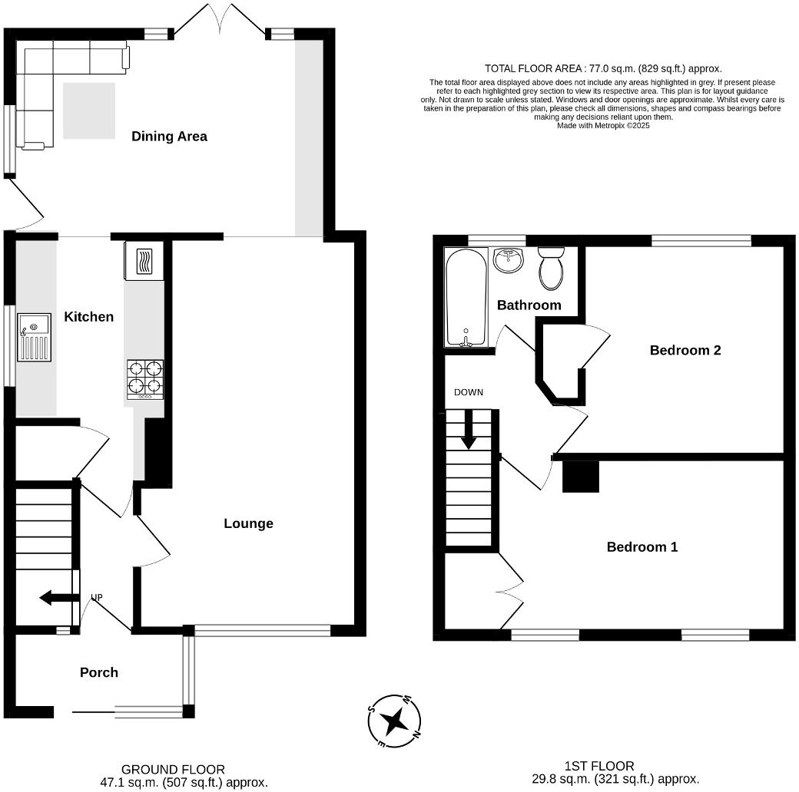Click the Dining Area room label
click(169, 137)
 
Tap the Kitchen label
click(88, 316)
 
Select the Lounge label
click(248, 523)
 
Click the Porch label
click(99, 672)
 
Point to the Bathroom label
click(529, 305)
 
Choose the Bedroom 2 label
click(685, 350)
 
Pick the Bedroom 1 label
click(642, 546)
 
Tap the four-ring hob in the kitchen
click(145, 378)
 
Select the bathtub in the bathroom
click(466, 297)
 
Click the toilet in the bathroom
click(551, 268)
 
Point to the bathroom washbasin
click(508, 260)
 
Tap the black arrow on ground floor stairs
click(56, 598)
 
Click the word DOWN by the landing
click(468, 392)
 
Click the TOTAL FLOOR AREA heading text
click(603, 68)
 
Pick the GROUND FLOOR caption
click(173, 769)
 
